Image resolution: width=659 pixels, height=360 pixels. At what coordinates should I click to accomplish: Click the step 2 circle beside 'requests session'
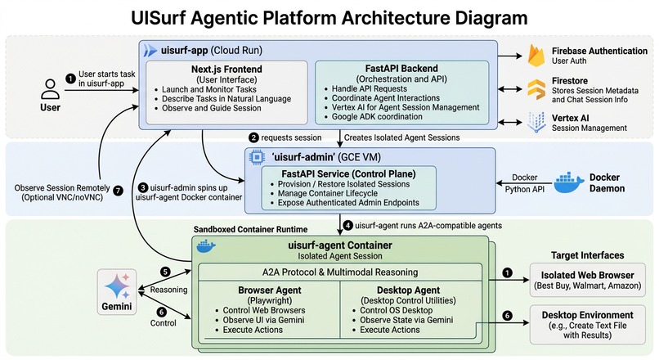tap(254, 137)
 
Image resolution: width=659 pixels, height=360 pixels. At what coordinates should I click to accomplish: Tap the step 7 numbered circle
tap(117, 191)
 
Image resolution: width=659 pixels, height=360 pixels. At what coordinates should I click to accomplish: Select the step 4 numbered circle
tap(347, 225)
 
